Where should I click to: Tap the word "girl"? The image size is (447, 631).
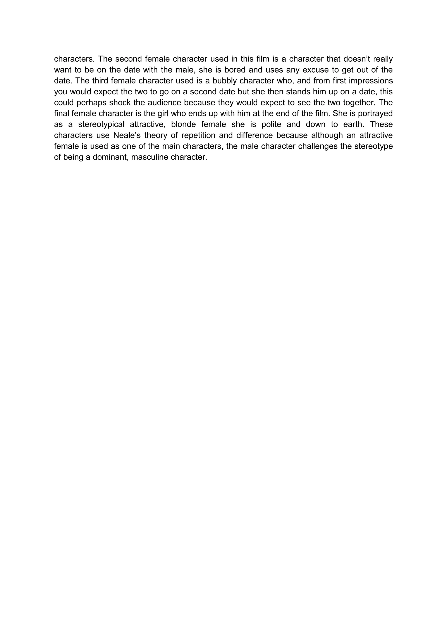coord(163,114)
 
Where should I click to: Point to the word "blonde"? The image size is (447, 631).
coord(183,124)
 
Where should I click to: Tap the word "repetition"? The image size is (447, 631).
coord(198,136)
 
